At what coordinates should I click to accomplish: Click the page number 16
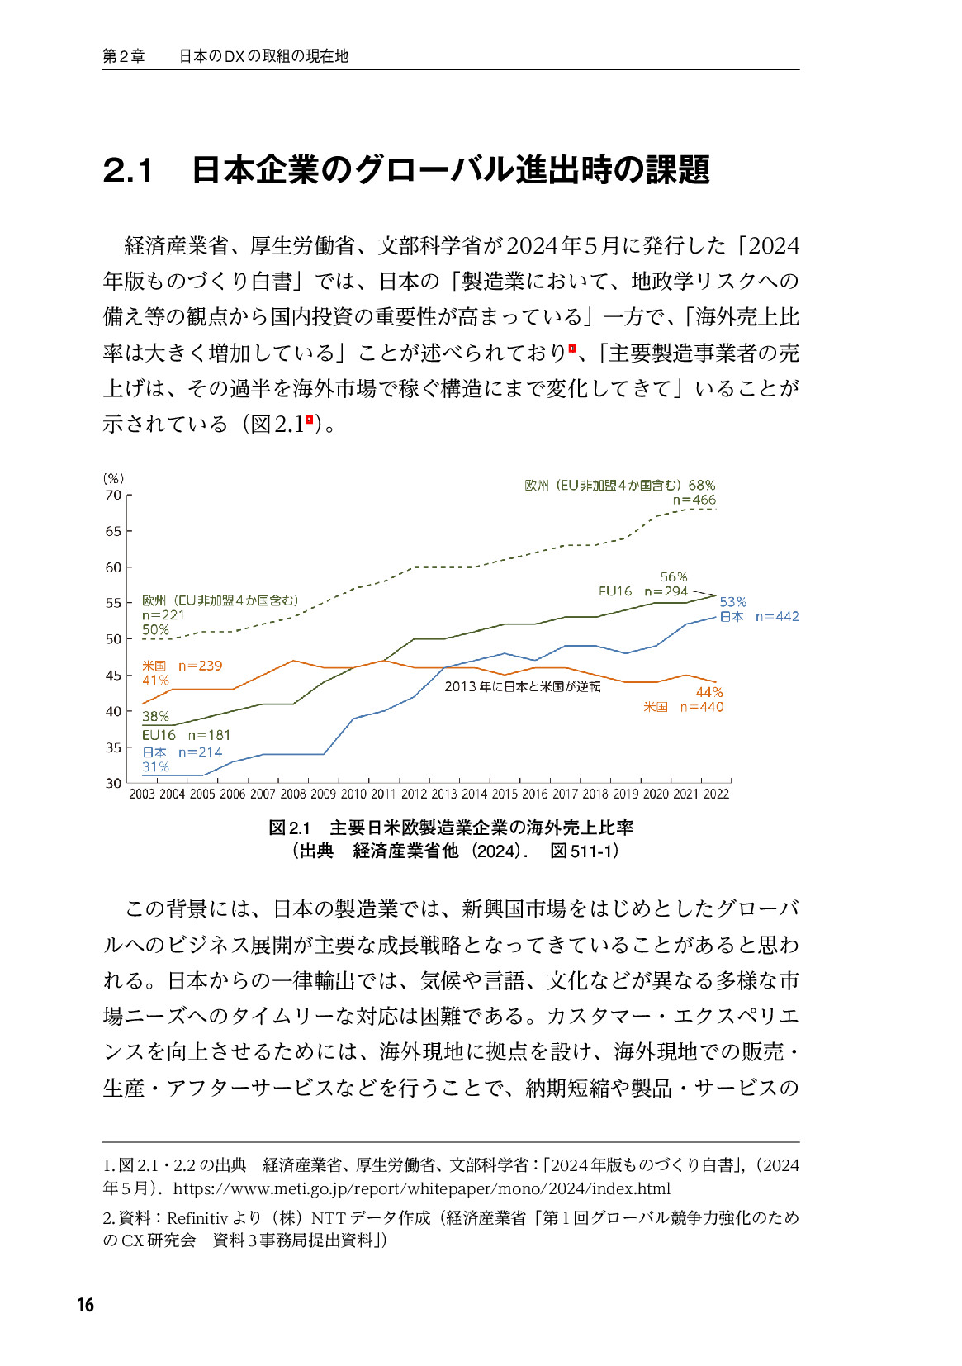coord(85,1305)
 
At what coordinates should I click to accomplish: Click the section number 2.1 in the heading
coord(128,170)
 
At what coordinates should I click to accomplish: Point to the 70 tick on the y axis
coord(113,496)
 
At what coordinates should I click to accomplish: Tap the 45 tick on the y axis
coord(113,676)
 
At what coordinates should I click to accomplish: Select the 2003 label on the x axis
coord(142,794)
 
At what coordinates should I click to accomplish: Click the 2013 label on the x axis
coord(443,794)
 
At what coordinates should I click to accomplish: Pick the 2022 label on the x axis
coord(716,794)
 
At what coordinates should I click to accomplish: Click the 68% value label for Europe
coord(702,486)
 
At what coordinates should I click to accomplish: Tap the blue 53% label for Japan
coord(732,602)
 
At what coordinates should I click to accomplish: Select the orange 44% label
coord(709,692)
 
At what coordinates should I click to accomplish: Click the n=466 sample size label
coord(694,500)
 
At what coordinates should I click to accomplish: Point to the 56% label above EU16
coord(674,576)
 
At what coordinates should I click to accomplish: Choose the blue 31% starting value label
coord(155,767)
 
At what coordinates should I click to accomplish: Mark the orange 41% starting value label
coord(155,681)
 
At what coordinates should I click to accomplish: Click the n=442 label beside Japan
coord(777,617)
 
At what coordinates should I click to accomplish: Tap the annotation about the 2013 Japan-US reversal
coord(522,686)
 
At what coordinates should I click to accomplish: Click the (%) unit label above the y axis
coord(113,478)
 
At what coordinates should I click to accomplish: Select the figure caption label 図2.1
coord(289,828)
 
